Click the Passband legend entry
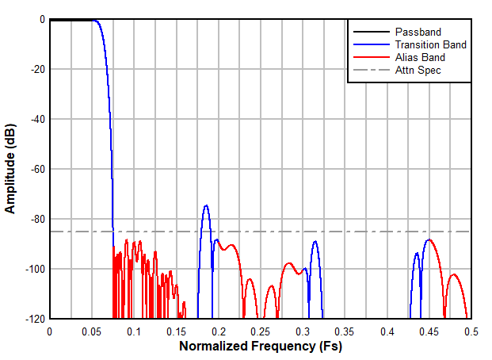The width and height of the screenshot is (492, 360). click(x=418, y=32)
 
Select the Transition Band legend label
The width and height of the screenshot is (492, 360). click(x=430, y=44)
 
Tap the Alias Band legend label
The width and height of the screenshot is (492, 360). click(x=420, y=57)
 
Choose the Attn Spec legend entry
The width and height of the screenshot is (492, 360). click(x=418, y=70)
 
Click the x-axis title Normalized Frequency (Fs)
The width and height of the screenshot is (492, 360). click(x=261, y=347)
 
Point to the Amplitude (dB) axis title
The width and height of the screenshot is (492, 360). click(x=11, y=169)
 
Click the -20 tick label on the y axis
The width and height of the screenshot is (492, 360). click(x=36, y=69)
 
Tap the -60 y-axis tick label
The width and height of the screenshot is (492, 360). click(x=36, y=169)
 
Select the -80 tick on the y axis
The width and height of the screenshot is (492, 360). click(x=36, y=219)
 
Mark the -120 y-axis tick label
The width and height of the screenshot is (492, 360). click(x=33, y=319)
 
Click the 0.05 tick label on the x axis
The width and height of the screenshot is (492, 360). click(x=92, y=331)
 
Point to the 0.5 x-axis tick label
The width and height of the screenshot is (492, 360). click(x=471, y=331)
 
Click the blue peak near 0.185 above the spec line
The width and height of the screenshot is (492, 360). click(x=206, y=206)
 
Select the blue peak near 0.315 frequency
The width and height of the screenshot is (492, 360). click(x=315, y=242)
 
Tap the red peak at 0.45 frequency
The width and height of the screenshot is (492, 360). click(x=429, y=239)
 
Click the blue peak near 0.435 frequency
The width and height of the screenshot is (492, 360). click(x=417, y=254)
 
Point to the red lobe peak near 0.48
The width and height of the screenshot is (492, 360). click(x=454, y=274)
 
